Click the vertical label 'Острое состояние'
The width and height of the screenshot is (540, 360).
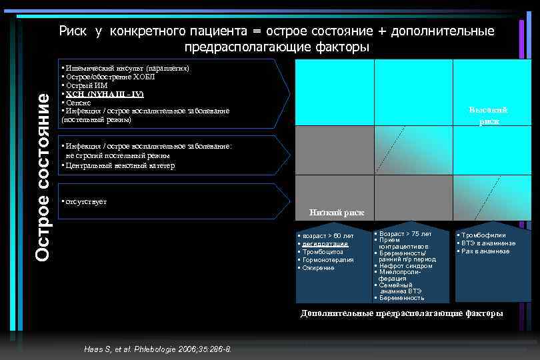pyautogui.click(x=43, y=175)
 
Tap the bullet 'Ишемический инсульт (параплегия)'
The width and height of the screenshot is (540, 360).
pyautogui.click(x=127, y=69)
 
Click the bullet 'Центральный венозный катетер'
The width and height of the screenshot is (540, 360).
pyautogui.click(x=119, y=165)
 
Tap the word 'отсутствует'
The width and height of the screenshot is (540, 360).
pyautogui.click(x=85, y=201)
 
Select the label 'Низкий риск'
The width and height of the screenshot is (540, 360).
pyautogui.click(x=337, y=213)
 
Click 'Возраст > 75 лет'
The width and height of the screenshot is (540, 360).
pyautogui.click(x=405, y=234)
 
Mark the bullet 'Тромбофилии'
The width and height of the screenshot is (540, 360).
pyautogui.click(x=483, y=235)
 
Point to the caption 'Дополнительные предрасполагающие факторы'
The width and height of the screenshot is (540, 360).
pyautogui.click(x=401, y=313)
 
